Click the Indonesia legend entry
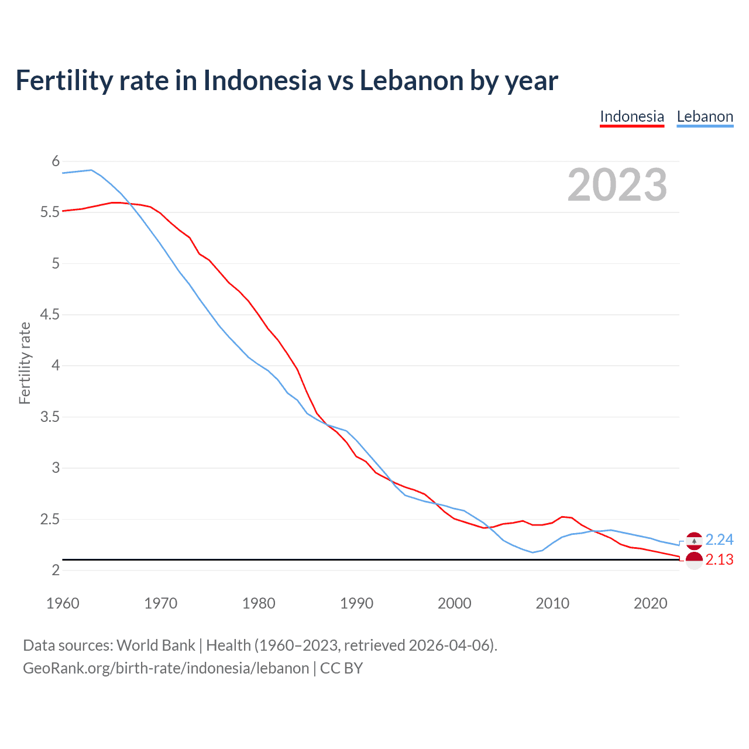[632, 116]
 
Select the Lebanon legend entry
[705, 116]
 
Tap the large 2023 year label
[617, 185]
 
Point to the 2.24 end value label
[719, 540]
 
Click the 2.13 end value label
[719, 560]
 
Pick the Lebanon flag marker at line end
[694, 541]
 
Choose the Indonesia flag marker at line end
[694, 561]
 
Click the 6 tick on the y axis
[56, 161]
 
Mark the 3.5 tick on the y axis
[50, 417]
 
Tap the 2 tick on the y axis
[56, 570]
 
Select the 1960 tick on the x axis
[63, 603]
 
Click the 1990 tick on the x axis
[356, 603]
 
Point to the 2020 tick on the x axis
[650, 603]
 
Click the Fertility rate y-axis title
[25, 363]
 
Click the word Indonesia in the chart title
[262, 80]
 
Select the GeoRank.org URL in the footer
[166, 668]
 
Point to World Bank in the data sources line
[156, 645]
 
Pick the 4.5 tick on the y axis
[50, 314]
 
